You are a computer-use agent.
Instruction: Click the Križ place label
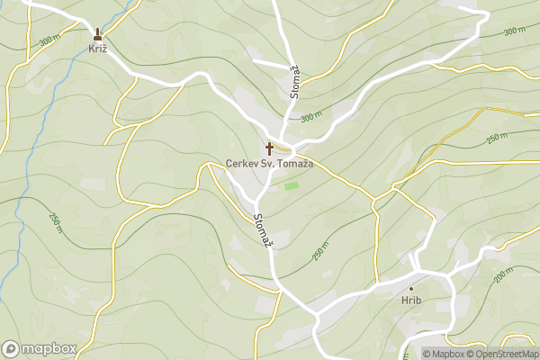pyautogui.click(x=98, y=49)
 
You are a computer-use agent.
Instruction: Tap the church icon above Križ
pyautogui.click(x=98, y=35)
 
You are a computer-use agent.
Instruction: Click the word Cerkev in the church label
pyautogui.click(x=242, y=165)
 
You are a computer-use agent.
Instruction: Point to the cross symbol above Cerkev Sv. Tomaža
pyautogui.click(x=269, y=148)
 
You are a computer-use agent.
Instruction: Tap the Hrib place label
pyautogui.click(x=411, y=301)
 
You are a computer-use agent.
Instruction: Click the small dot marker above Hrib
pyautogui.click(x=411, y=288)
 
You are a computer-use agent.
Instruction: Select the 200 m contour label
pyautogui.click(x=504, y=274)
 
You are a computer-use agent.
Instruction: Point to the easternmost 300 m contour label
pyautogui.click(x=515, y=31)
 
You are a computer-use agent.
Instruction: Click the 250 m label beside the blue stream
pyautogui.click(x=56, y=219)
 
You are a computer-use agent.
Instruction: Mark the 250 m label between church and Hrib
pyautogui.click(x=320, y=252)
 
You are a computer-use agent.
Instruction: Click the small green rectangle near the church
pyautogui.click(x=291, y=186)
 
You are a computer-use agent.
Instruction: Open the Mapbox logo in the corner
pyautogui.click(x=40, y=348)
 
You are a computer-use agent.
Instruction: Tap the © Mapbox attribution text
pyautogui.click(x=445, y=354)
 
